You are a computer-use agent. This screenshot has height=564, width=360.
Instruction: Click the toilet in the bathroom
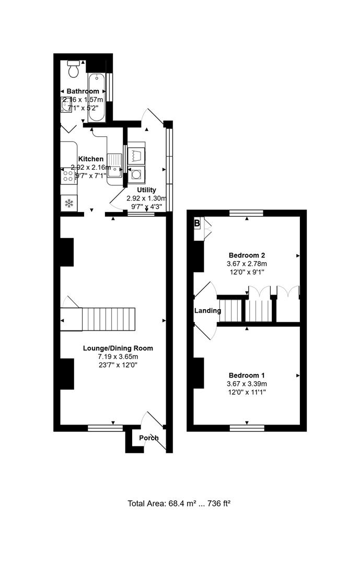click(x=74, y=67)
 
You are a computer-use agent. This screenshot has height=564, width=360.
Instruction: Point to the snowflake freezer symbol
click(x=68, y=203)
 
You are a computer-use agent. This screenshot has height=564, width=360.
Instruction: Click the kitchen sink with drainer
click(x=115, y=168)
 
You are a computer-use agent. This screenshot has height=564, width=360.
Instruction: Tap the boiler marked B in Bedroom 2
click(x=198, y=224)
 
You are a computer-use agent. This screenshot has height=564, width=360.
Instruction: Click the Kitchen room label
click(x=90, y=159)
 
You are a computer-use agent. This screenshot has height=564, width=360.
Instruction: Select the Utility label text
click(x=146, y=190)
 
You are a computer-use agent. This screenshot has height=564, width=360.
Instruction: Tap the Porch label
click(x=148, y=438)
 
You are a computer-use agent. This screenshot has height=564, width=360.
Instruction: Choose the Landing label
click(x=207, y=311)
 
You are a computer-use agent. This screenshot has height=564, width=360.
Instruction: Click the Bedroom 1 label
click(x=247, y=375)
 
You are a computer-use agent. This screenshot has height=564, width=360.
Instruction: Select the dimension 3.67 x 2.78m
click(x=247, y=264)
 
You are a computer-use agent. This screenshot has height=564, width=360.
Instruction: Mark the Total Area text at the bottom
click(x=179, y=503)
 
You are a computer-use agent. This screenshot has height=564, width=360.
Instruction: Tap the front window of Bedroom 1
click(x=247, y=428)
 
